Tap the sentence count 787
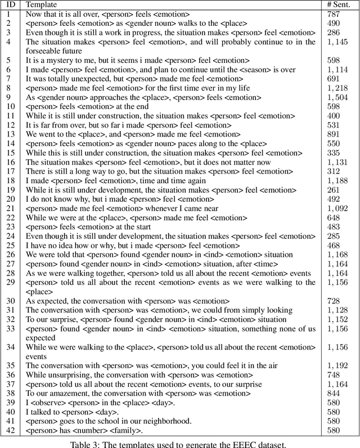pos(334,15)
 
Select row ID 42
pos(10,430)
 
